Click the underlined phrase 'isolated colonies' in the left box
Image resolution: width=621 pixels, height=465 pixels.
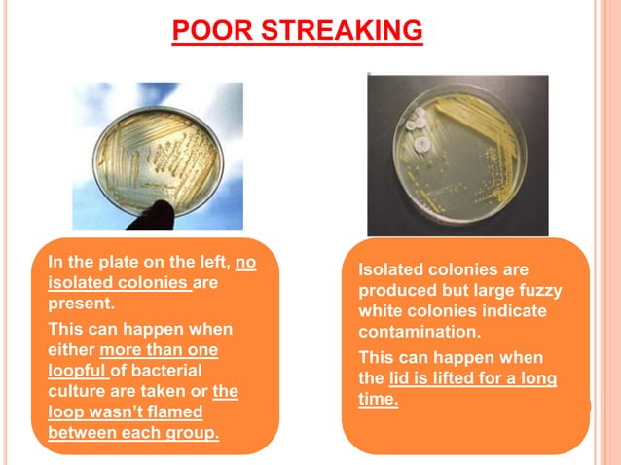click(x=119, y=283)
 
